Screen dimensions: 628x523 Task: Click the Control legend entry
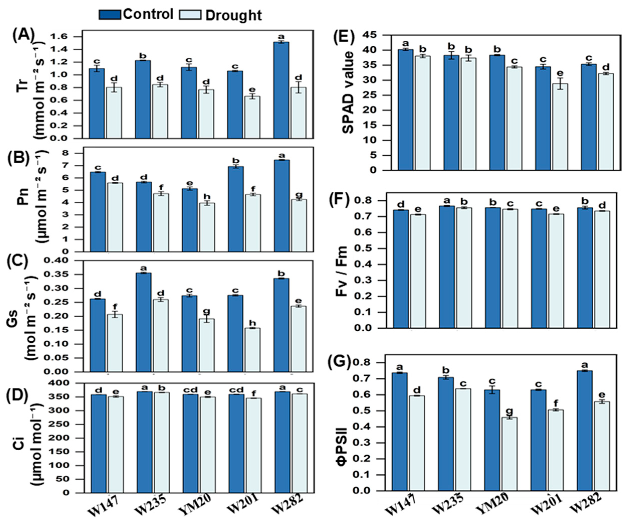point(136,14)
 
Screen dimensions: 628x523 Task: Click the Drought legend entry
point(220,15)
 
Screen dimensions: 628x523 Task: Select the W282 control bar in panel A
point(281,90)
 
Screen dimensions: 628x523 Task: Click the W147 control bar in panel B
point(97,212)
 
